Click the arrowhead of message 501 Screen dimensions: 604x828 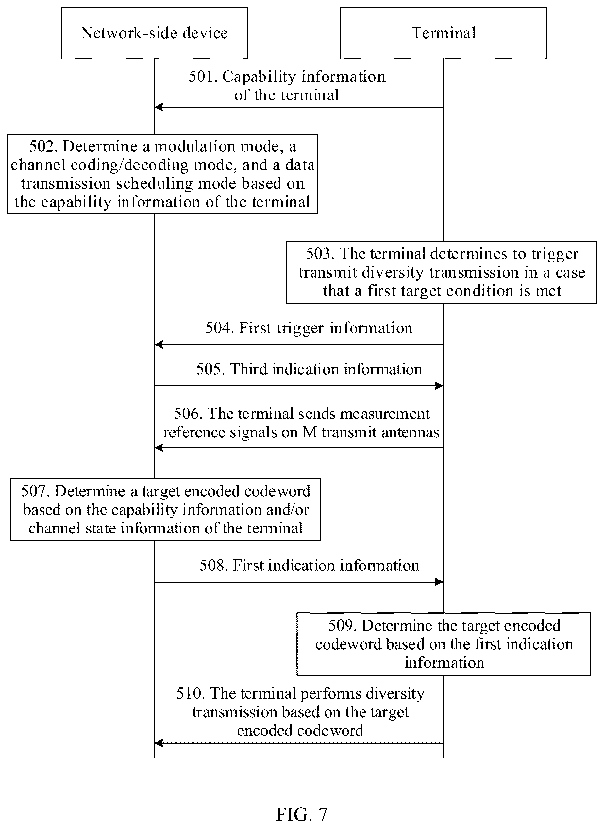click(159, 107)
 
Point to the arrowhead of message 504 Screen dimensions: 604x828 click(159, 344)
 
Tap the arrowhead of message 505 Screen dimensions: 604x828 click(439, 386)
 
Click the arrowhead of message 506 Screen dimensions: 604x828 click(159, 448)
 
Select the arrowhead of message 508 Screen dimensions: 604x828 click(439, 582)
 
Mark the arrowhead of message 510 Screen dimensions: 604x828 click(159, 743)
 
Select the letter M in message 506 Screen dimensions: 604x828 click(310, 432)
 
